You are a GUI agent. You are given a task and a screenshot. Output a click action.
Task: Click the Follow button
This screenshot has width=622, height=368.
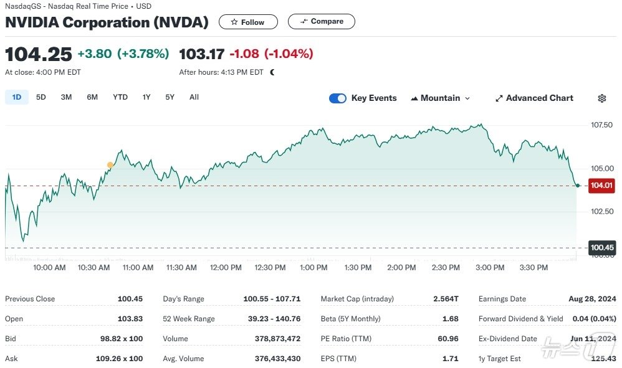point(247,22)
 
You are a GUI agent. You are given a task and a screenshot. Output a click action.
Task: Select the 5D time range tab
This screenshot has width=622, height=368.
point(41,97)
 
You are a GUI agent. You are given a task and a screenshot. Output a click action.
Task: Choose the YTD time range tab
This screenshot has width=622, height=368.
point(120,97)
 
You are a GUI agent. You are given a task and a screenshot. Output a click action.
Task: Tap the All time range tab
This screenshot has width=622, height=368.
point(194,97)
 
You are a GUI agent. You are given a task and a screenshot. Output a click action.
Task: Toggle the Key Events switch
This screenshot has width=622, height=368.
point(338,98)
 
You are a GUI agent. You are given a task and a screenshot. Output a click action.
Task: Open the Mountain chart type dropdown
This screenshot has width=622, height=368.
point(440,98)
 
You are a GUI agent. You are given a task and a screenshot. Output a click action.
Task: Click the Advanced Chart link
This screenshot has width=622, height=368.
point(534,98)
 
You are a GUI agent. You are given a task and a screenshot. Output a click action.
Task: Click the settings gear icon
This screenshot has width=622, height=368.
point(601,98)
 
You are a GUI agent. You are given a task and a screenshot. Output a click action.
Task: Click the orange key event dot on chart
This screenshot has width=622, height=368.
point(110,165)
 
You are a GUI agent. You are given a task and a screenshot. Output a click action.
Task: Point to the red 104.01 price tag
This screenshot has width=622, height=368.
point(601,186)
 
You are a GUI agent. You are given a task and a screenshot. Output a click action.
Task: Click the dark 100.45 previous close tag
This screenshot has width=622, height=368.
point(602,248)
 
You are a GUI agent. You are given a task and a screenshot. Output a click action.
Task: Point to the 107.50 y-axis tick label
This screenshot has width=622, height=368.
point(601,125)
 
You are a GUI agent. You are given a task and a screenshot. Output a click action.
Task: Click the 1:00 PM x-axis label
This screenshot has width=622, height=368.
point(313,268)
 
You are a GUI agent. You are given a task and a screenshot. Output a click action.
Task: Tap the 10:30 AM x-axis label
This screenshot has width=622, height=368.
point(94,268)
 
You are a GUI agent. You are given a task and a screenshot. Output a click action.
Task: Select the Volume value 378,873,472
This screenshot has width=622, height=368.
point(277,339)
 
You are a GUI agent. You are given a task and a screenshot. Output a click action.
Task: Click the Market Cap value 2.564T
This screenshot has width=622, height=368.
point(446,299)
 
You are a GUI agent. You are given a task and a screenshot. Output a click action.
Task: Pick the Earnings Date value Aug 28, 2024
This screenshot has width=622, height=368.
point(592,299)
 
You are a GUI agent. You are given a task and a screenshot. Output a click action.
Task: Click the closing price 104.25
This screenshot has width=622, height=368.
point(39,54)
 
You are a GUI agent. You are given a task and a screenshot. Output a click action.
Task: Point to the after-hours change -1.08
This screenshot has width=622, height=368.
point(244,54)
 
